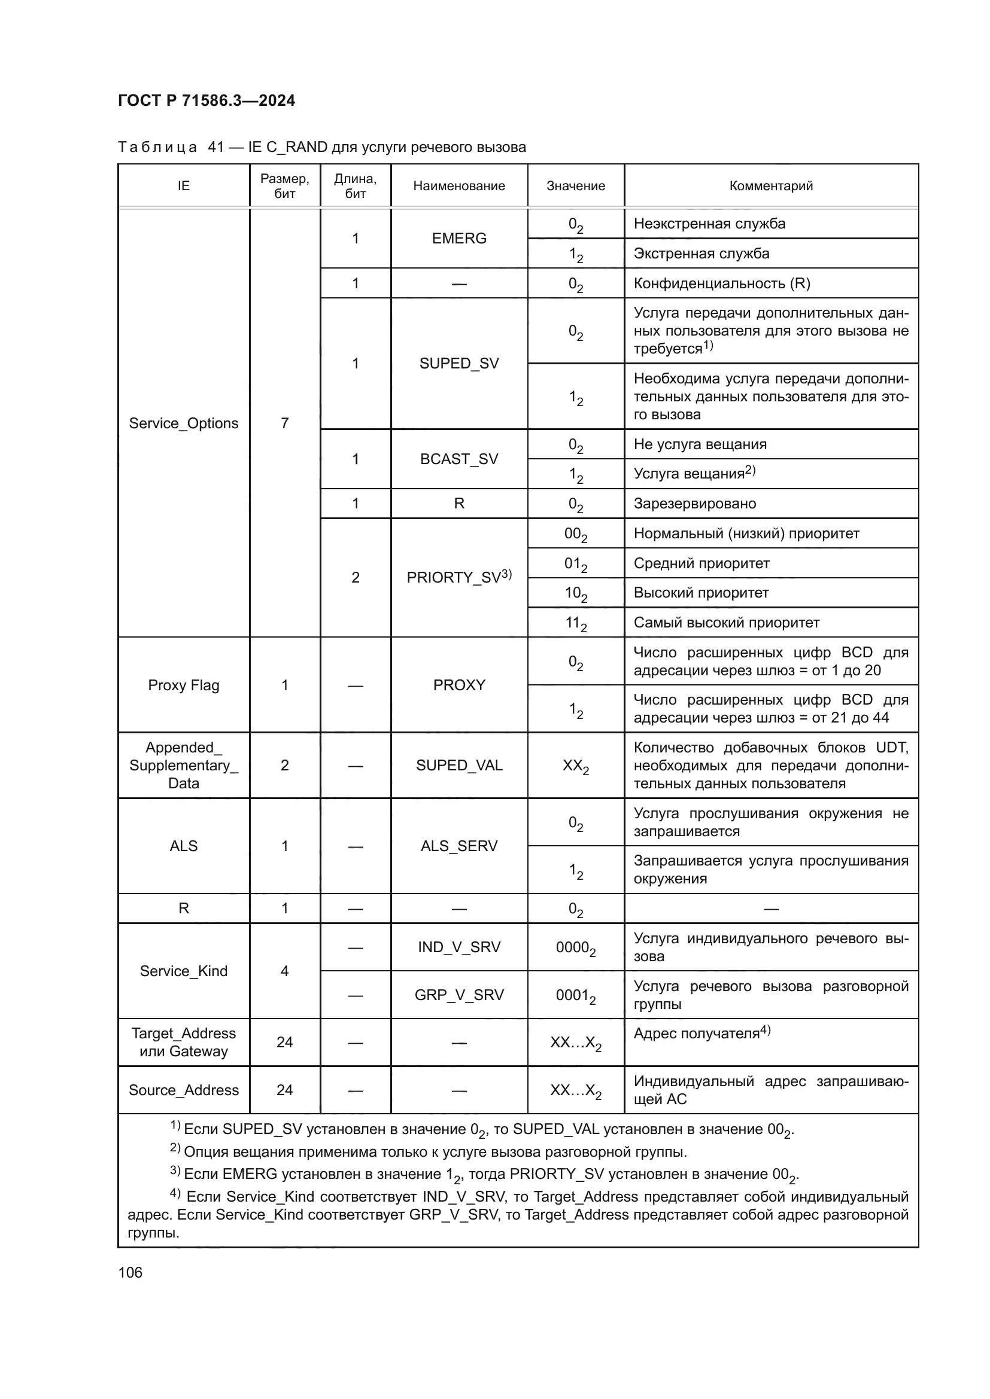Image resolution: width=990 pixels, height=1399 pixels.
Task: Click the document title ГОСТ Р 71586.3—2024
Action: (x=206, y=100)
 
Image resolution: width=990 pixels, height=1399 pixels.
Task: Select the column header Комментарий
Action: (x=770, y=186)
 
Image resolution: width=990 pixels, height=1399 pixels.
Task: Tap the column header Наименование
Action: (x=458, y=186)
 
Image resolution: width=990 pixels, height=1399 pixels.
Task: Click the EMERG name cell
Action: (x=458, y=238)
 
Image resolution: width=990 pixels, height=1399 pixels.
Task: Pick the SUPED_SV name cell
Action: (x=458, y=363)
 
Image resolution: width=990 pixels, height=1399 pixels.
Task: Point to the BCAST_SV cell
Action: (x=458, y=459)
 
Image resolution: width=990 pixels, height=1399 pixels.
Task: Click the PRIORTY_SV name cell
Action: (x=458, y=577)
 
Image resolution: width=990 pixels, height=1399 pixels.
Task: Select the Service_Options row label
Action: (x=184, y=423)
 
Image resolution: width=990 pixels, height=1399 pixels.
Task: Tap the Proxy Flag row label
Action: (x=184, y=685)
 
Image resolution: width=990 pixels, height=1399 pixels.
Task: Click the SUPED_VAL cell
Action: (x=458, y=766)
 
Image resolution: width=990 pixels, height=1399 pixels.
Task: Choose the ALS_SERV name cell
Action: (x=458, y=846)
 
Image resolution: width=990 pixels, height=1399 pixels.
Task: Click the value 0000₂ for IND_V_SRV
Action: (x=575, y=947)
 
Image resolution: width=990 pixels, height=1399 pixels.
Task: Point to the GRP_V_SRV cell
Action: (x=458, y=995)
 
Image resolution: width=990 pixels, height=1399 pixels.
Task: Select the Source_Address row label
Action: (x=184, y=1090)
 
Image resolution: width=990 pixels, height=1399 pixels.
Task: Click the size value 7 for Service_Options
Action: (x=284, y=423)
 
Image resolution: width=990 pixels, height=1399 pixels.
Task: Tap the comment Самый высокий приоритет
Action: (x=726, y=623)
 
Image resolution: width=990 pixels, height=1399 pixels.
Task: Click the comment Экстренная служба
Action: (x=701, y=254)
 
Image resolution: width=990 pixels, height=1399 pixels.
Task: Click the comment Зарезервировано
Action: (x=694, y=503)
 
